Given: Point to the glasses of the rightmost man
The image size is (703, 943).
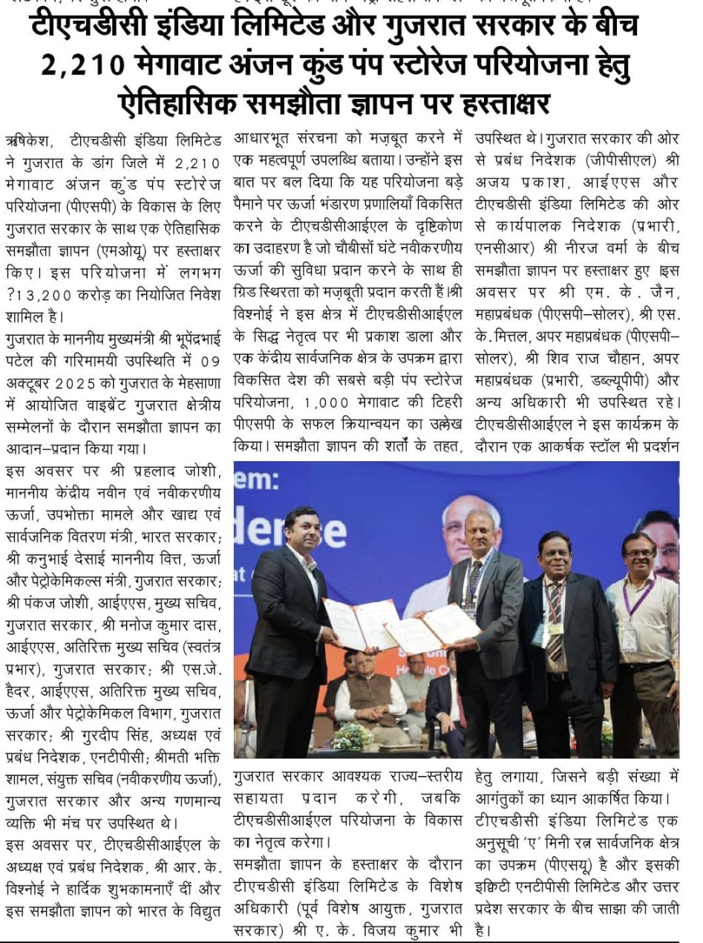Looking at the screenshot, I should [638, 552].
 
